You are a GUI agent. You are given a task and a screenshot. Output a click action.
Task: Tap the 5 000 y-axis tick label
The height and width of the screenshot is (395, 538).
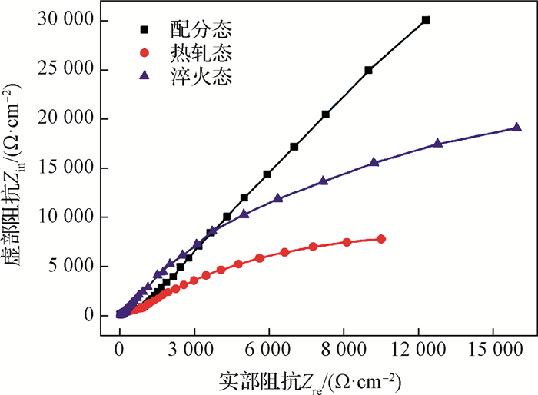[x=74, y=266]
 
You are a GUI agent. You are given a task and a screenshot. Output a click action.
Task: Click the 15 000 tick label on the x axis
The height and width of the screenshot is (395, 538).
[x=493, y=349]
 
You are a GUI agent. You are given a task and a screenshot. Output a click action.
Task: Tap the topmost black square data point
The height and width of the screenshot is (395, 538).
[x=426, y=20]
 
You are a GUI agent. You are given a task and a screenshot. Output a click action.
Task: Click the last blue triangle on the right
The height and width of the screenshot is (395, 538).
[x=516, y=128]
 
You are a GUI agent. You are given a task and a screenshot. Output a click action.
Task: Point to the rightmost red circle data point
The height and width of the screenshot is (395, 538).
[x=381, y=239]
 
